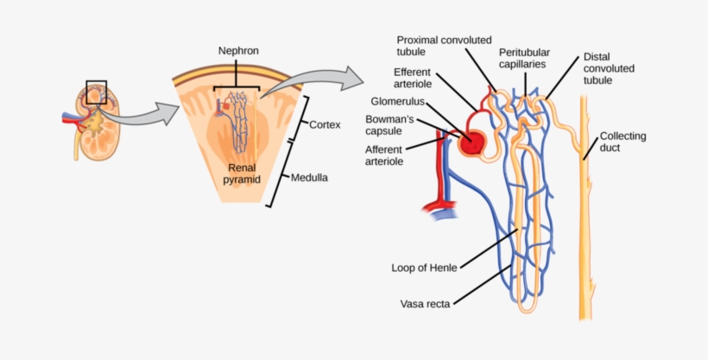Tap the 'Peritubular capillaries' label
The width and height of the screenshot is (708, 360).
[524, 58]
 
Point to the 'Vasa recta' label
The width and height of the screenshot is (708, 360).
[423, 304]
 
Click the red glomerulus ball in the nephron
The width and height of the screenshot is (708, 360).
[471, 142]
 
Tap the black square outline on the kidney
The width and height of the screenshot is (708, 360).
[97, 92]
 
